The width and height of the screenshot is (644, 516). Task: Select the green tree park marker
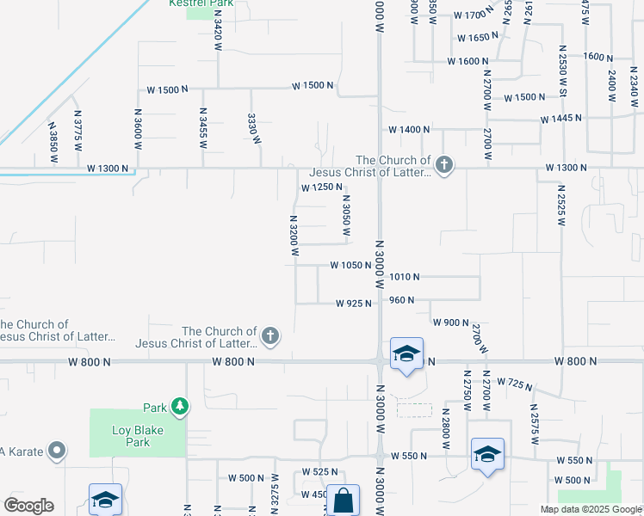click(179, 406)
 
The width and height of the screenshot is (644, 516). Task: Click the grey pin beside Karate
click(57, 450)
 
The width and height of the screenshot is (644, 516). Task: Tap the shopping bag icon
click(343, 501)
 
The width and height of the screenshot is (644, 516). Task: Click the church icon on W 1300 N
click(443, 165)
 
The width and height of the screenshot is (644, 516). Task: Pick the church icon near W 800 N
click(270, 335)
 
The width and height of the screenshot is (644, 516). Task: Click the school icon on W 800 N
click(406, 353)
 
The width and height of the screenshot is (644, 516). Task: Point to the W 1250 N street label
click(321, 187)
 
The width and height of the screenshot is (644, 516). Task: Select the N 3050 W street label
click(346, 221)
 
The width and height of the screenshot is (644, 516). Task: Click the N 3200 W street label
click(294, 236)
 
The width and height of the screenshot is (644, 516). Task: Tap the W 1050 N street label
click(350, 266)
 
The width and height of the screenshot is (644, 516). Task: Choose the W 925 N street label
click(354, 303)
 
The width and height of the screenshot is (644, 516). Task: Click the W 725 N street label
click(516, 382)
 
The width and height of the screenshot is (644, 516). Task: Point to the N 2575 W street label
click(534, 424)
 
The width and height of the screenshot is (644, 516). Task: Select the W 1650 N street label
click(477, 38)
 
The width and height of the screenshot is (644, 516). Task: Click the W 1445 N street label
click(562, 118)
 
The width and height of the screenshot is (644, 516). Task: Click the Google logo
click(28, 506)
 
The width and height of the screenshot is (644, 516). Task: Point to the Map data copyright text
click(590, 509)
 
